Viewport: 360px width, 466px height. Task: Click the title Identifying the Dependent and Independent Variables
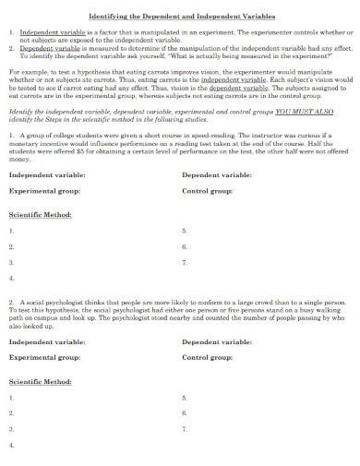pos(181,17)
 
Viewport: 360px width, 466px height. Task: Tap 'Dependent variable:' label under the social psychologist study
pos(217,342)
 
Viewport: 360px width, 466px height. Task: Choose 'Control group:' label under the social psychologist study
pos(208,359)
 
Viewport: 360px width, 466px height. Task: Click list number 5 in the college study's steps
pos(185,231)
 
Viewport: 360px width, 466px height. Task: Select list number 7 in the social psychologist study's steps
pos(185,429)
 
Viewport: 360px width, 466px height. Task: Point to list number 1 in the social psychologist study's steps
pos(11,398)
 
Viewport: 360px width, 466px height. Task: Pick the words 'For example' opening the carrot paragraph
pos(26,69)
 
